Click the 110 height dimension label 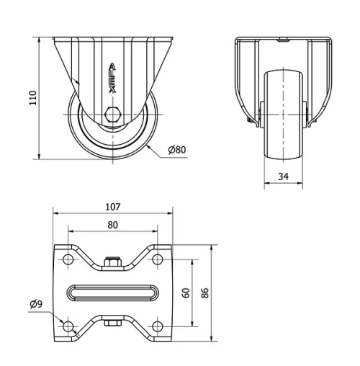(x=32, y=97)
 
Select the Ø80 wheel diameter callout (x=176, y=150)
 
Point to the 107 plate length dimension (x=113, y=207)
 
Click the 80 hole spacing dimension (x=113, y=224)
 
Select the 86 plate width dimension (x=205, y=293)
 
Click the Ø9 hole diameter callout (x=36, y=304)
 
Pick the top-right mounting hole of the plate (x=158, y=259)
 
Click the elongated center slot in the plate (x=113, y=293)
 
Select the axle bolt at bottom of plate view (x=113, y=323)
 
